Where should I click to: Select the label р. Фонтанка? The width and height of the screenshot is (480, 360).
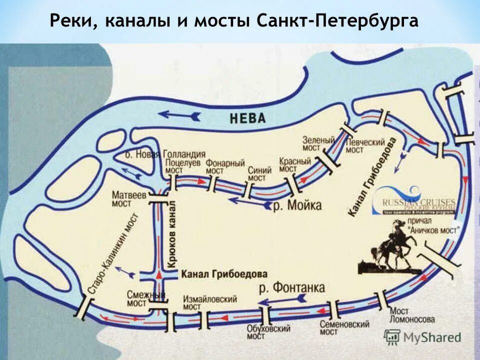pyautogui.click(x=292, y=288)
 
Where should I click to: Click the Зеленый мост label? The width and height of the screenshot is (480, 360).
pyautogui.click(x=318, y=144)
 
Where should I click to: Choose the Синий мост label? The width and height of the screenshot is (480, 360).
pyautogui.click(x=259, y=174)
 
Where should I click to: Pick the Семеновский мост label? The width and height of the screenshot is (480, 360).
pyautogui.click(x=344, y=329)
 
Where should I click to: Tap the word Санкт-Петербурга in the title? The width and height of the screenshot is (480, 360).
pyautogui.click(x=337, y=21)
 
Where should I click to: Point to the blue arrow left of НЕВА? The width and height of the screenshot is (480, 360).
pyautogui.click(x=180, y=116)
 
